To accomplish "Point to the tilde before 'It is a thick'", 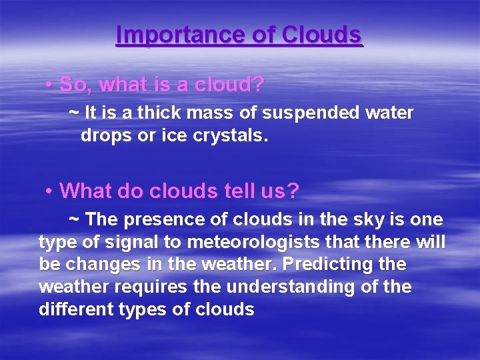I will (73, 111).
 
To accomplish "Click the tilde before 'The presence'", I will (75, 218).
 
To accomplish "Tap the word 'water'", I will (390, 113).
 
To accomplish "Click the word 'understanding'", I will (297, 287).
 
